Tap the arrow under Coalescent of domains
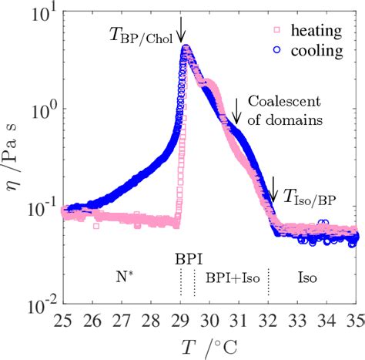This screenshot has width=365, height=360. tap(237, 115)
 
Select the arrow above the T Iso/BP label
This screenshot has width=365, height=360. tap(273, 186)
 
